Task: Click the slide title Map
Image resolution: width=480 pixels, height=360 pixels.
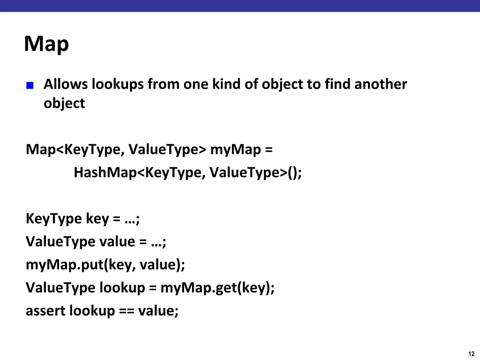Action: [46, 45]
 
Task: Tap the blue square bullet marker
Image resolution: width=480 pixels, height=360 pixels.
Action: [30, 85]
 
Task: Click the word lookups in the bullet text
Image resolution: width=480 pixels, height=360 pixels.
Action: [117, 84]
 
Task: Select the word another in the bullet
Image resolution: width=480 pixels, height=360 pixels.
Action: [381, 84]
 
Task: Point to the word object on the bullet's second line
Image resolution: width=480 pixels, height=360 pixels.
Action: [64, 103]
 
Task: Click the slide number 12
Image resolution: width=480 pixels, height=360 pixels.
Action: [472, 354]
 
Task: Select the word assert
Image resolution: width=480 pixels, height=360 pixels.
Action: [45, 311]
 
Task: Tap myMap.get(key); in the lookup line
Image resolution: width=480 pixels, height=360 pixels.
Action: [217, 287]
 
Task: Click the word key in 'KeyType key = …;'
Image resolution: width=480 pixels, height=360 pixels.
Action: [97, 219]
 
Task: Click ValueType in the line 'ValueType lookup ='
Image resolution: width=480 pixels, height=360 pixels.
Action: [60, 287]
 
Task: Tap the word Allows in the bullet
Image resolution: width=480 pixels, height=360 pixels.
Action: [65, 84]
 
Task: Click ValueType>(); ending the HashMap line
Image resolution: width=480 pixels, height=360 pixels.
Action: [256, 173]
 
